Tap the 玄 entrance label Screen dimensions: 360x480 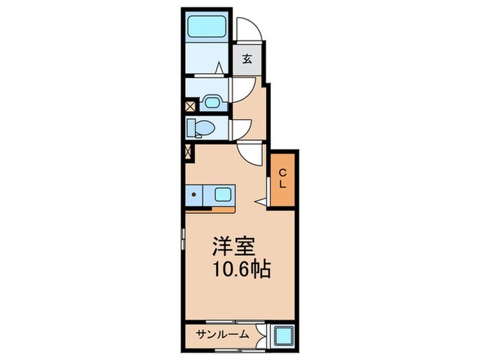246,59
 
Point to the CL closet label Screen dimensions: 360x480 283,179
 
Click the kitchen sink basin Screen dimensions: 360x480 223,194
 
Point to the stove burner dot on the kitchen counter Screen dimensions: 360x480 195,194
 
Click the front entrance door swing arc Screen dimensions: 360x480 248,29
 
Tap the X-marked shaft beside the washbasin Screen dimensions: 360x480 191,106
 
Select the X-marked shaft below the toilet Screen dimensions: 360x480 189,152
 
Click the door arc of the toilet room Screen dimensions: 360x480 240,129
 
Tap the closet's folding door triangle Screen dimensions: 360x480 261,201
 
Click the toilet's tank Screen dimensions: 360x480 191,128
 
